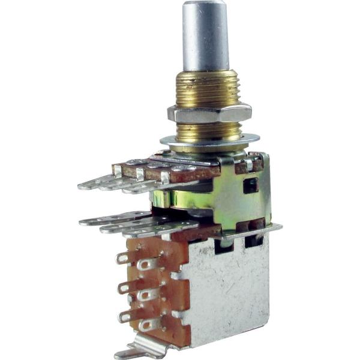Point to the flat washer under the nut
pos(210,140)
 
